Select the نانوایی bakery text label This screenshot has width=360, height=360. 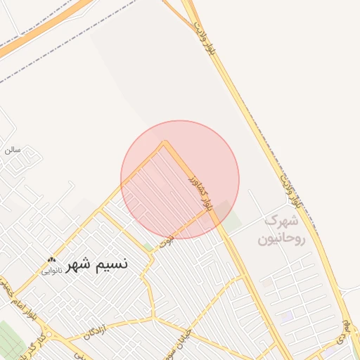point(51,270)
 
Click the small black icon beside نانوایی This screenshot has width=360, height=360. point(51,259)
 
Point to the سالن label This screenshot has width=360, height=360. point(12,149)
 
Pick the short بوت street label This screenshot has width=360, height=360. point(166,241)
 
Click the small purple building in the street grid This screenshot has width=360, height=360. point(287,317)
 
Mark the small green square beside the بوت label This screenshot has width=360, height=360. point(148,247)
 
